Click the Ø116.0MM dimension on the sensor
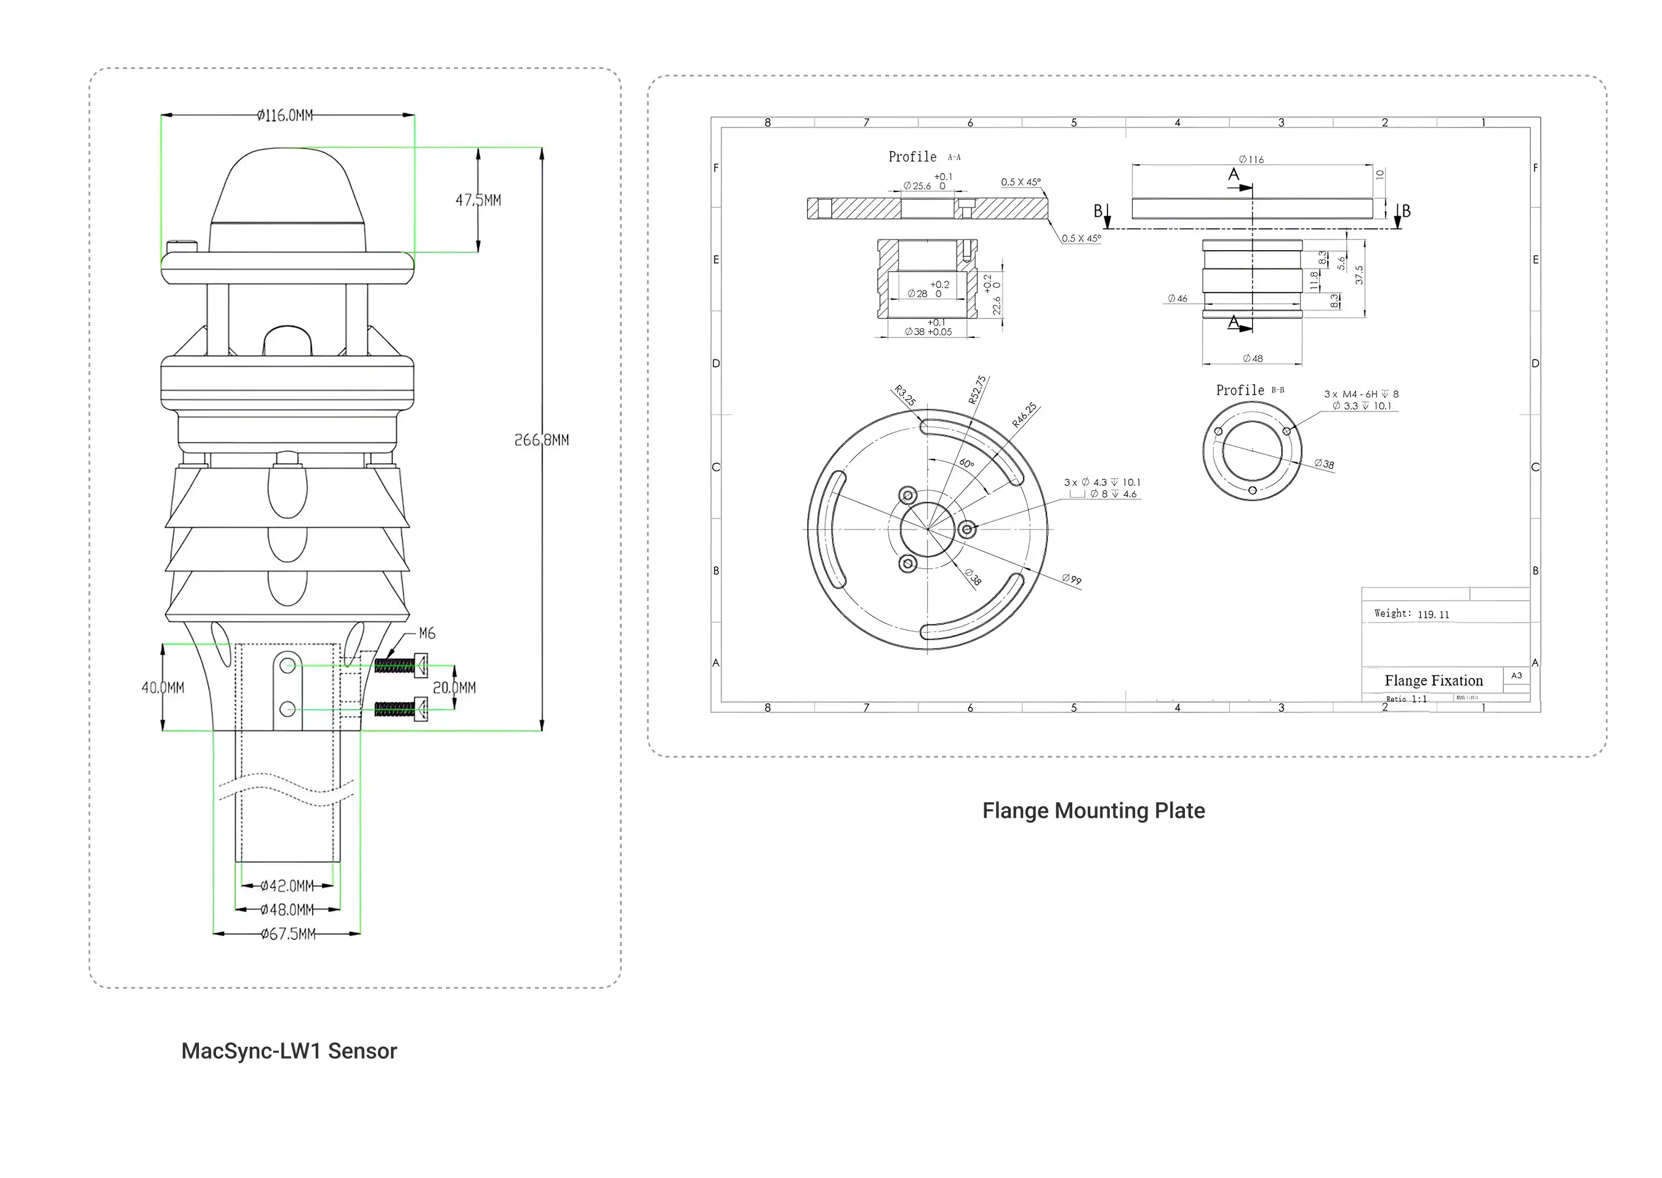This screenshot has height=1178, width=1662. click(x=285, y=115)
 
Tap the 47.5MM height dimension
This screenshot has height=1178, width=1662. click(x=478, y=200)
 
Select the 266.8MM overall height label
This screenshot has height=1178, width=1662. click(x=541, y=440)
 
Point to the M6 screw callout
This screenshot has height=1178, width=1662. click(x=427, y=633)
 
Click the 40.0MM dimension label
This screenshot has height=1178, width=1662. click(x=163, y=688)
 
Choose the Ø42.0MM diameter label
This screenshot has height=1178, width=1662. click(x=287, y=886)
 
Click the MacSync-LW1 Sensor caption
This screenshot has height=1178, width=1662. click(x=289, y=1051)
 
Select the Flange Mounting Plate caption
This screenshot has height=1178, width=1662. click(x=1093, y=811)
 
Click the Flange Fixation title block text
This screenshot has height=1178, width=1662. click(x=1434, y=680)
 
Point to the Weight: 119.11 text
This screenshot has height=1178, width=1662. click(x=1411, y=614)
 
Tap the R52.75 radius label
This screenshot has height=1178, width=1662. click(x=977, y=390)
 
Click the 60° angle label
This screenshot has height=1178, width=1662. click(x=966, y=464)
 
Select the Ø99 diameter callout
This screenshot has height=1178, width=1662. click(x=1072, y=579)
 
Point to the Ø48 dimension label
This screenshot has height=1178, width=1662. click(x=1252, y=358)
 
